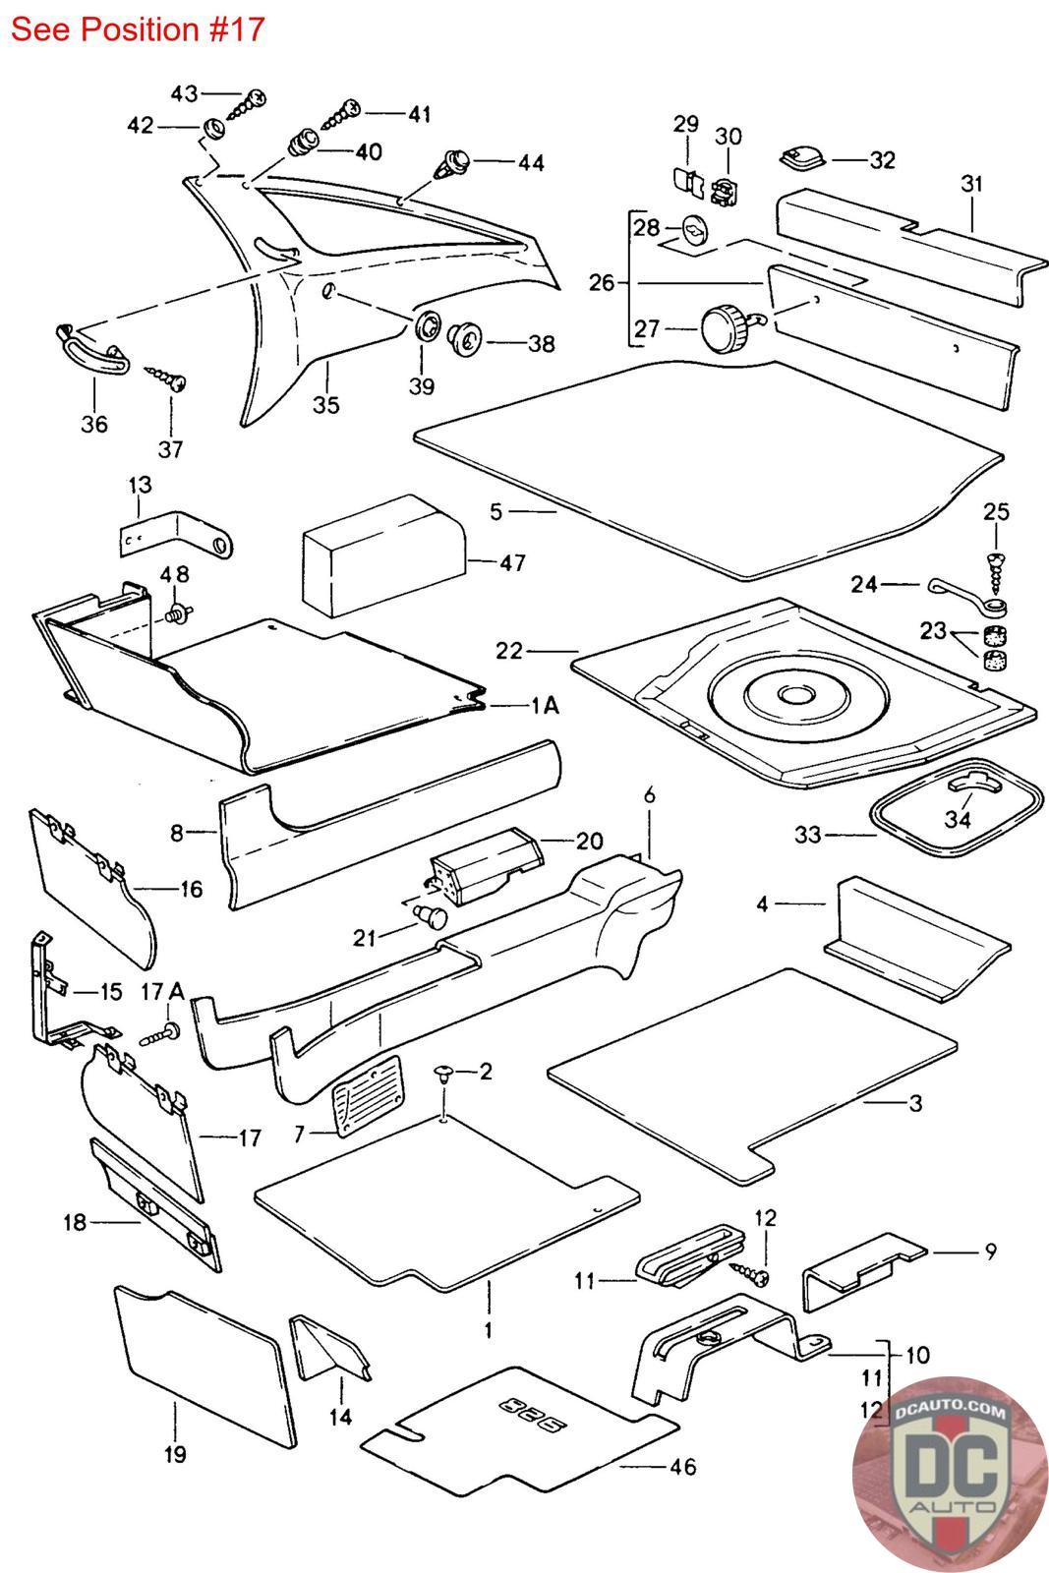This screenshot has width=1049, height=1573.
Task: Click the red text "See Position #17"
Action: pos(138,29)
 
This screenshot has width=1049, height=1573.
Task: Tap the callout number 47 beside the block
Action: pos(512,562)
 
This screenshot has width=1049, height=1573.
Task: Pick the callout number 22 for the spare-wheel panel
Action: pos(509,651)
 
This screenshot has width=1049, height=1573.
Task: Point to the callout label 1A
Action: pos(545,705)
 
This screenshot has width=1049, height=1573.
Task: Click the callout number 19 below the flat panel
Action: pos(175,1454)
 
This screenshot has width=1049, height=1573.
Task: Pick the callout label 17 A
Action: pos(163,990)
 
